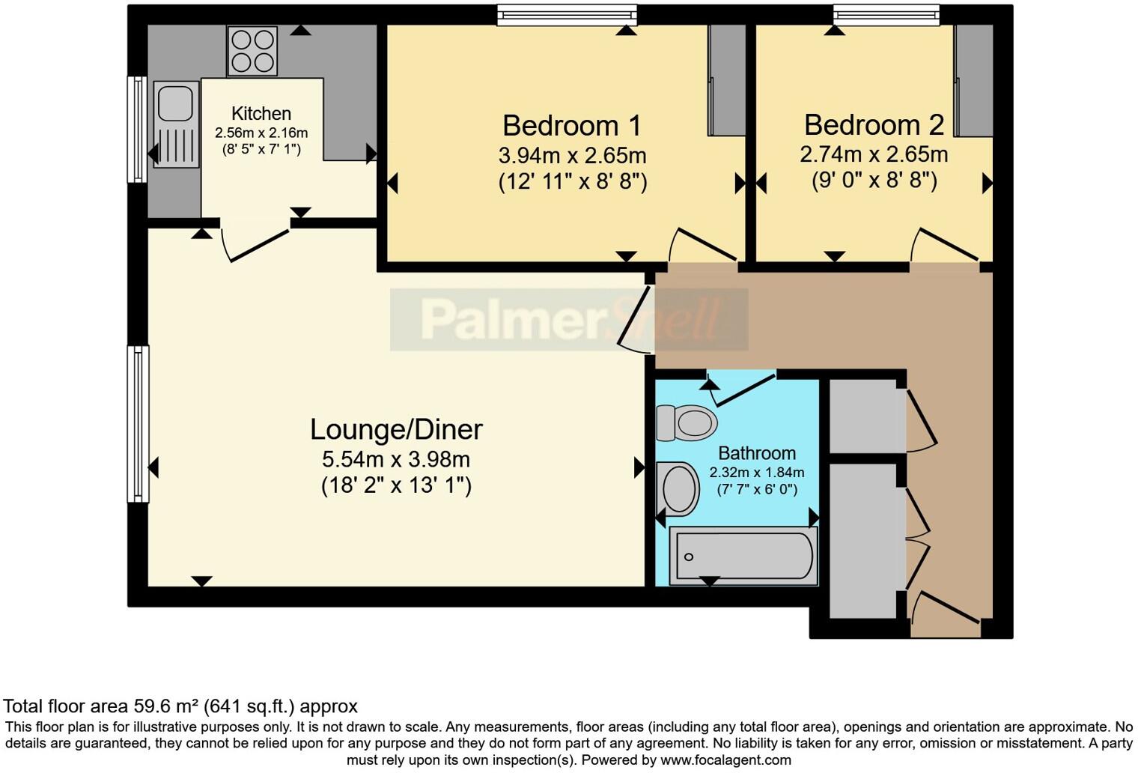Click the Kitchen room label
click(x=261, y=114)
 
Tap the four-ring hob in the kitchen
click(x=252, y=51)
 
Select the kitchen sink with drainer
click(x=176, y=124)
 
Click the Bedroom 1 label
click(x=572, y=126)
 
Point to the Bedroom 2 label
click(x=874, y=124)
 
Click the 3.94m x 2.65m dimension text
click(x=572, y=156)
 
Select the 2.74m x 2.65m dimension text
click(x=874, y=154)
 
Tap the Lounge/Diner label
click(x=396, y=429)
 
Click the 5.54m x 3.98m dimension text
click(x=396, y=458)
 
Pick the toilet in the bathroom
click(x=686, y=422)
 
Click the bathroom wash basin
click(x=678, y=488)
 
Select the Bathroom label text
click(x=756, y=453)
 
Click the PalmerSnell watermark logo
click(x=569, y=320)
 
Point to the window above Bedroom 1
click(x=567, y=15)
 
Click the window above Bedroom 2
click(x=886, y=13)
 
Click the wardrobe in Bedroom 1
click(x=727, y=80)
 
